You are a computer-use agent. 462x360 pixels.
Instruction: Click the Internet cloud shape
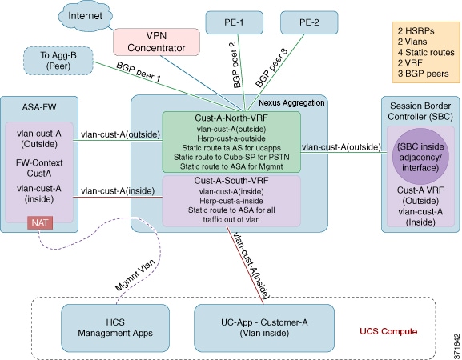85,16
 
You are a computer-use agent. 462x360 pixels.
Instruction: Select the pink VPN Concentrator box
156,42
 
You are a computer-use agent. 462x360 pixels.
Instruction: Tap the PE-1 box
235,22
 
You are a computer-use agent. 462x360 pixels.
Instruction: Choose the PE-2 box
309,22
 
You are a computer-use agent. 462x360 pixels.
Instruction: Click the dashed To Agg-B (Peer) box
58,61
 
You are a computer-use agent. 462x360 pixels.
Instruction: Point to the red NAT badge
40,222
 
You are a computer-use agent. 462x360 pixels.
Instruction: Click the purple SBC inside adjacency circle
420,157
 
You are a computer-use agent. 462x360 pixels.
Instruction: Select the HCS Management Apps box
115,328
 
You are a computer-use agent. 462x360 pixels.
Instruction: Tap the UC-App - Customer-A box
264,328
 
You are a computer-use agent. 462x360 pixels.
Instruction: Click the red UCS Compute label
388,331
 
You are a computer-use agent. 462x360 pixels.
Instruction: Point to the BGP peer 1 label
139,72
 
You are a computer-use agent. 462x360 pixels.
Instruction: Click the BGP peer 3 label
271,68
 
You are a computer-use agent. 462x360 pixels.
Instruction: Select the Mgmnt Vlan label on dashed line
135,275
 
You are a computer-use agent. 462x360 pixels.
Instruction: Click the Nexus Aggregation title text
291,103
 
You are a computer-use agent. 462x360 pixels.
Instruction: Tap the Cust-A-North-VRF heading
231,118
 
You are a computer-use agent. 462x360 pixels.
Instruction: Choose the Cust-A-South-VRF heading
231,181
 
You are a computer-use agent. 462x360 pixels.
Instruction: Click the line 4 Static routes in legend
426,52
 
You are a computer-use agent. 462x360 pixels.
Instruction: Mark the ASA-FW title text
39,107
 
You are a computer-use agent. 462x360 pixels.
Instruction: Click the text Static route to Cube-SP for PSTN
231,157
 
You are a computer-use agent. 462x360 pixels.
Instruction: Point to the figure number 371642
456,345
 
